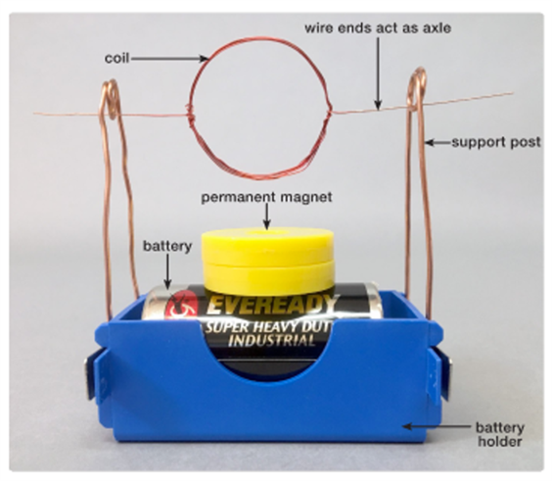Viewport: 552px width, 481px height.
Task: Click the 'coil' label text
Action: (x=116, y=58)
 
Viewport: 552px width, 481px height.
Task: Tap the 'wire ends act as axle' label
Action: (x=378, y=27)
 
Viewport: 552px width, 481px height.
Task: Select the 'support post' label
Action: (x=496, y=142)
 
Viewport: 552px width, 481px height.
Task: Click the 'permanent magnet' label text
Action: (x=266, y=197)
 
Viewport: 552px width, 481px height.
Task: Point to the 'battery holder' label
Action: (x=500, y=435)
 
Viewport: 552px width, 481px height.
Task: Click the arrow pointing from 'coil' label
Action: (x=169, y=59)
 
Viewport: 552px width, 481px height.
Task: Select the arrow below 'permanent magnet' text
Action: (x=267, y=216)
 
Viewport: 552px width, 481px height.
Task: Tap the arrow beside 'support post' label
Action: (x=437, y=143)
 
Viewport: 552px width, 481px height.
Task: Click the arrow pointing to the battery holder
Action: (x=437, y=426)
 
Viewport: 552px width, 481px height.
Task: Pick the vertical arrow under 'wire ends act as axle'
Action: (x=378, y=72)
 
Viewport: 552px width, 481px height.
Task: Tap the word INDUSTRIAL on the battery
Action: (x=271, y=341)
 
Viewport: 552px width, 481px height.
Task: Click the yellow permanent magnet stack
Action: (x=267, y=260)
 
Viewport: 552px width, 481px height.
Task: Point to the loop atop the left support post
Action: (x=111, y=99)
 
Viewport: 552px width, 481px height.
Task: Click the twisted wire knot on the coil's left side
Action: (x=190, y=114)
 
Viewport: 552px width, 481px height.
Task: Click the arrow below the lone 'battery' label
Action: (x=168, y=271)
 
